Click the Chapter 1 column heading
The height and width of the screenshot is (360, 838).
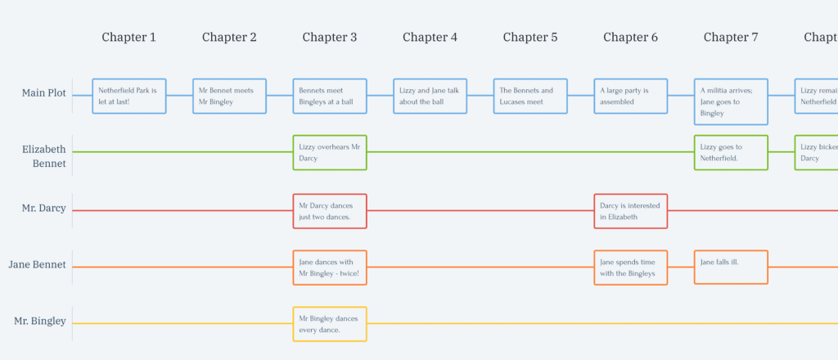point(128,37)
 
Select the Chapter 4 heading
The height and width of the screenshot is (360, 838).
point(430,37)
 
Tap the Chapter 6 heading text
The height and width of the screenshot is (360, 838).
point(630,37)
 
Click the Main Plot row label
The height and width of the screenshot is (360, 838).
point(43,93)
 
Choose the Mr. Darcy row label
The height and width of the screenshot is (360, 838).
point(43,208)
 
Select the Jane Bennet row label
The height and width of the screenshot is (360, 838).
point(37,265)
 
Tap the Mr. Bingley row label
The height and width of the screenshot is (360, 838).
point(39,321)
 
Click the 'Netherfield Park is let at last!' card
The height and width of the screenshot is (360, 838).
point(129,96)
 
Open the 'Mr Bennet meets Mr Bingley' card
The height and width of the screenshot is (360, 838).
point(229,96)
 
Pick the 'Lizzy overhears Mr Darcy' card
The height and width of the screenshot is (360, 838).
point(330,152)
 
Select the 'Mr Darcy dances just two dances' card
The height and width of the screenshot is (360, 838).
point(330,211)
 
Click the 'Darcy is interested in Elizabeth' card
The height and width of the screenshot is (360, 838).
point(630,211)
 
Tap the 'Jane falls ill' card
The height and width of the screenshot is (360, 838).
point(731,267)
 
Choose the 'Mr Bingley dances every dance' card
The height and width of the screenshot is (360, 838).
point(330,323)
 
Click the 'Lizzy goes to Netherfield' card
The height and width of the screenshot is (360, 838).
point(731,152)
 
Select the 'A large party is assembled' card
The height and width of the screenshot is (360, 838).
point(630,96)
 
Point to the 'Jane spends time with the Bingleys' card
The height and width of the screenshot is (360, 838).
point(630,267)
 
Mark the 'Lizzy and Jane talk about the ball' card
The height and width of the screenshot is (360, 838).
point(430,96)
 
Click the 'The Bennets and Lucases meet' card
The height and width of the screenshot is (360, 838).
point(530,96)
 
